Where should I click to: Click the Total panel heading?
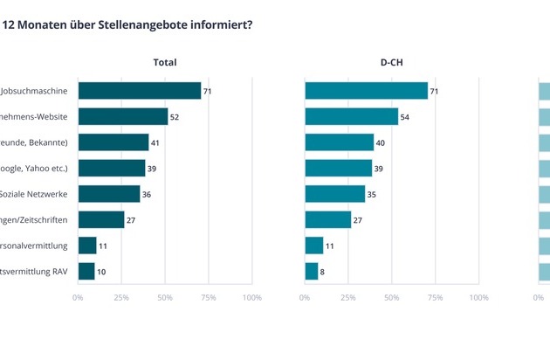165,62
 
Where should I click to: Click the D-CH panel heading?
391,62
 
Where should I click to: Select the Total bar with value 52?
122,116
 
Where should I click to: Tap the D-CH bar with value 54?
351,116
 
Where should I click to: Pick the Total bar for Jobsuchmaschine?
139,91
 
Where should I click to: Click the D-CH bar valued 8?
311,272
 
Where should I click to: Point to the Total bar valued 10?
86,272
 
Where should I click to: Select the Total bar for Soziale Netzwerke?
108,194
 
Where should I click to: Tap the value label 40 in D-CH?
381,142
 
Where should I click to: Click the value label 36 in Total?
147,194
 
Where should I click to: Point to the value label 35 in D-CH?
372,194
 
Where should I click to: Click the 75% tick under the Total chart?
208,298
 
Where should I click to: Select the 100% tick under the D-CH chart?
478,298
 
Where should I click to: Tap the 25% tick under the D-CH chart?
347,298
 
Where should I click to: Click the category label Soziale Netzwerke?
40,194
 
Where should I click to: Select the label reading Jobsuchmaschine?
37,91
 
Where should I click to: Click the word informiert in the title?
223,24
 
